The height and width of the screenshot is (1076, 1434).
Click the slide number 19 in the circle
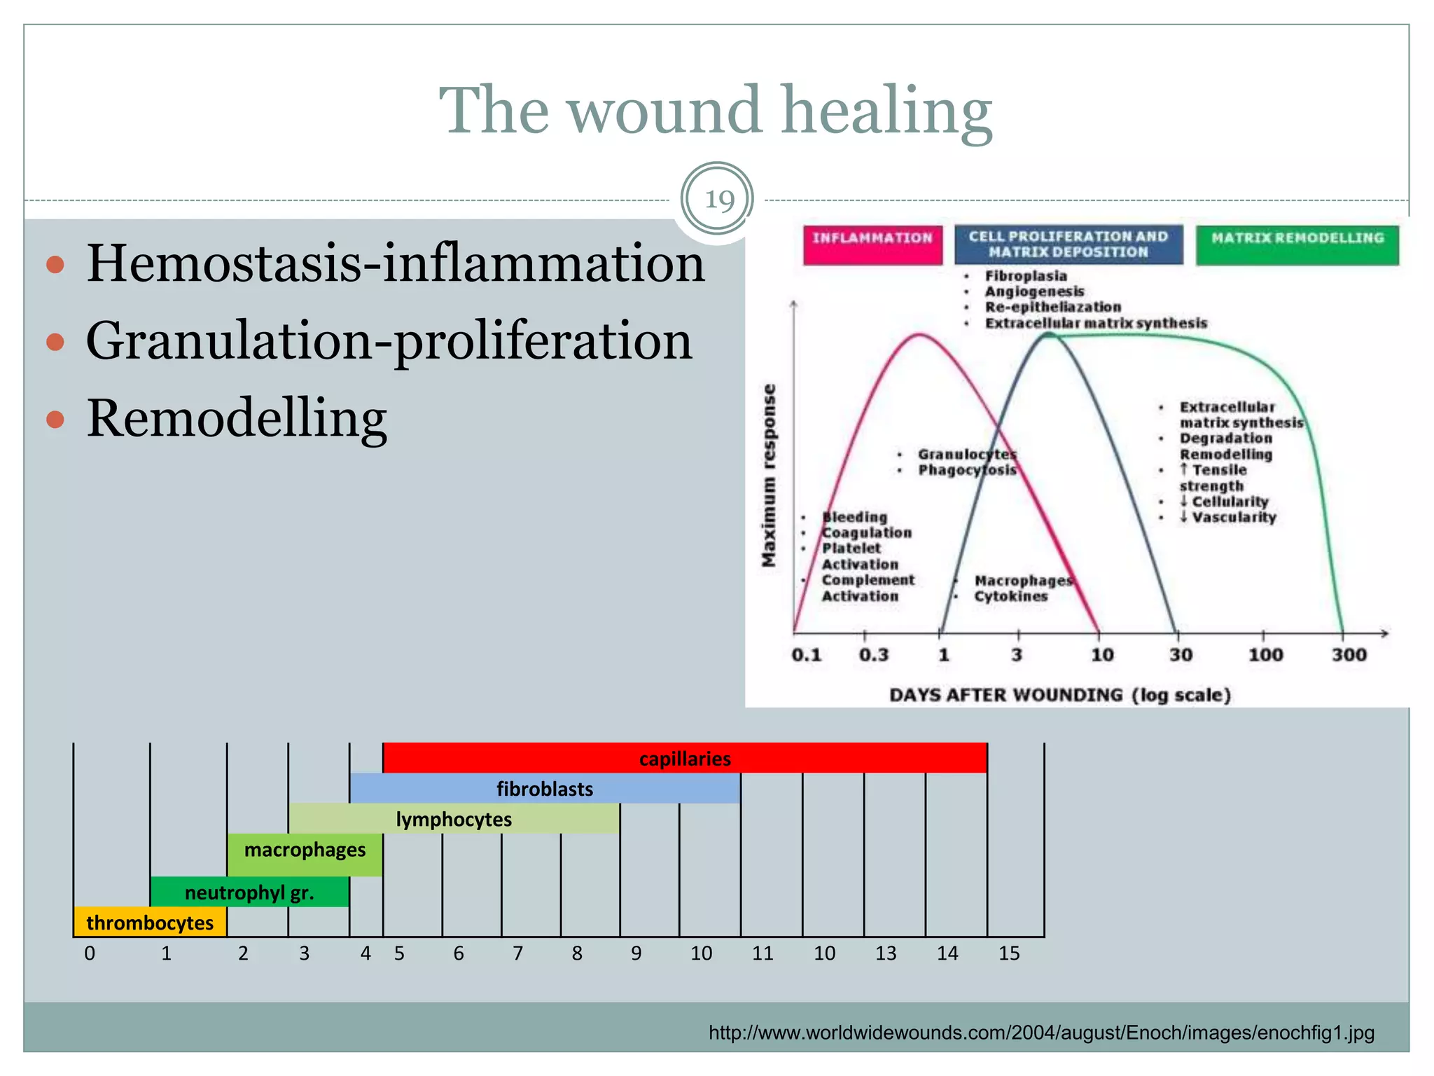[718, 200]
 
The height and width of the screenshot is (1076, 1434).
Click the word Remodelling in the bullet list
[236, 418]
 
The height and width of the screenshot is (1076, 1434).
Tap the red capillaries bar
[684, 759]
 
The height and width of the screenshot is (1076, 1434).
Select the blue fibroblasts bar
[544, 789]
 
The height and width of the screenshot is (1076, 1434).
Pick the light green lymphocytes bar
[454, 819]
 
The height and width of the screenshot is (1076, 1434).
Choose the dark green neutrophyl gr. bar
[249, 892]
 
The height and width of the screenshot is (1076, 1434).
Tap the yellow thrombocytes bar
[150, 923]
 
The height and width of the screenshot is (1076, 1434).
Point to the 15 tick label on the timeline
[1008, 953]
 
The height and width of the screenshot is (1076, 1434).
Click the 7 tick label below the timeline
[517, 953]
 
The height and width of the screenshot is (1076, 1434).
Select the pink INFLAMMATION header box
[872, 244]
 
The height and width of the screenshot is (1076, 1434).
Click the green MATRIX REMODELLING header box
[1297, 244]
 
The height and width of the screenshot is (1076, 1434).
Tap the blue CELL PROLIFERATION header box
[1068, 244]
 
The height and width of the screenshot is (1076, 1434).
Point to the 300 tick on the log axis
[1349, 655]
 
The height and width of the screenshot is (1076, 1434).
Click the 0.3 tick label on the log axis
[873, 655]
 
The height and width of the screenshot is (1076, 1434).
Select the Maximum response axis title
[769, 475]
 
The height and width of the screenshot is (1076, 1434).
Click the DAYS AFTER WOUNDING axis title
[1059, 695]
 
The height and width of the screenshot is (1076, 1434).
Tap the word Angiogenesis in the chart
[1034, 291]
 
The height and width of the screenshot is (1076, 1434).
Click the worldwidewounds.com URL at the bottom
[1041, 1033]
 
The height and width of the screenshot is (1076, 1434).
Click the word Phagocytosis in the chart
[967, 470]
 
